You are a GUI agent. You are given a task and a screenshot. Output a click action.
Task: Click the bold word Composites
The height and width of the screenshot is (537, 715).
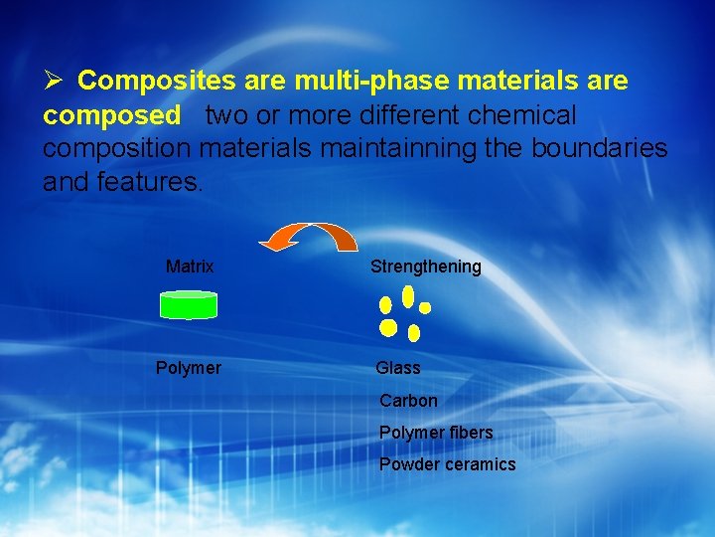144,81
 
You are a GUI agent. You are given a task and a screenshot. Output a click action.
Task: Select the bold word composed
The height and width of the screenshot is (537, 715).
112,115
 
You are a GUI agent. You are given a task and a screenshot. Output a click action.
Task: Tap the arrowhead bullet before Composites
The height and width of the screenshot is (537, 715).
54,81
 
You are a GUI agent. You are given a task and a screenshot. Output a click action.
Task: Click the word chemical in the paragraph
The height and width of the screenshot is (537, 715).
525,115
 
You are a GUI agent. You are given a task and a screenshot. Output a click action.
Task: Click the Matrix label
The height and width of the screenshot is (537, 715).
190,267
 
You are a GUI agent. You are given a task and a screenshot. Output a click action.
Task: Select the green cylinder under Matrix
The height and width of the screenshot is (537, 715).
189,304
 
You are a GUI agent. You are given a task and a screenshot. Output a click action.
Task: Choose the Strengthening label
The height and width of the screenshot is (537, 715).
425,267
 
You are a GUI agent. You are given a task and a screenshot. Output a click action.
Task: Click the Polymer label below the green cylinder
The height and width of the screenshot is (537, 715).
189,368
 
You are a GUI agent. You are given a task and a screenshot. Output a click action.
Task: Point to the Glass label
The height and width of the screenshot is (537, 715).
398,368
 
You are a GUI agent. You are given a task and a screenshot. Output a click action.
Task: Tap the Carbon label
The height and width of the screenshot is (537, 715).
408,401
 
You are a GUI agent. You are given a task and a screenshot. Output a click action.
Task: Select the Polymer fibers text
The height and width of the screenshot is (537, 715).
436,433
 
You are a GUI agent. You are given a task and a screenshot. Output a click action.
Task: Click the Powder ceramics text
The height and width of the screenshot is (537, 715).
448,464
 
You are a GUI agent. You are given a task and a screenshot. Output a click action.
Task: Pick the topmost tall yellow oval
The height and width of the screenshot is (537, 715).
408,296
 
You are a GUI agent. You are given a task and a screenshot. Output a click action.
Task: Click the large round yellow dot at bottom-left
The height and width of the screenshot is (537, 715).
388,327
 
